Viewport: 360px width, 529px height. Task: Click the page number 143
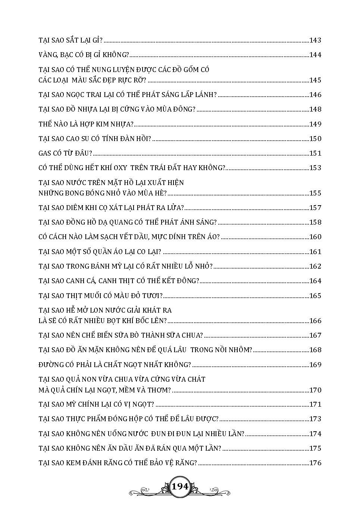[315, 40]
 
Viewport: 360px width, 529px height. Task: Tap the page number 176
[315, 463]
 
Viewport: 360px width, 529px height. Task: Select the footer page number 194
[180, 487]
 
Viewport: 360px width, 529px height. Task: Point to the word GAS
[45, 153]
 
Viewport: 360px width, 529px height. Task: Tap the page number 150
[315, 139]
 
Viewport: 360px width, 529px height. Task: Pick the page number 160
[315, 237]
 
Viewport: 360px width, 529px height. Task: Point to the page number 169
[315, 365]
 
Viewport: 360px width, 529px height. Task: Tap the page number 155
[315, 193]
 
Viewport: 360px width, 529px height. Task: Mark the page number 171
[315, 404]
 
